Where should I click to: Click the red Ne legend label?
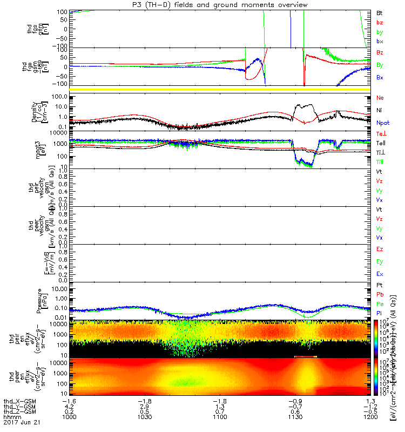[x=380, y=98]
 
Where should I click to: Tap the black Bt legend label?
[x=380, y=11]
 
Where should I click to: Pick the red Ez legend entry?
[x=380, y=249]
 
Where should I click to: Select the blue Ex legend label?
[x=380, y=274]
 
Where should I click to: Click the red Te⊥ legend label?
[x=381, y=133]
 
